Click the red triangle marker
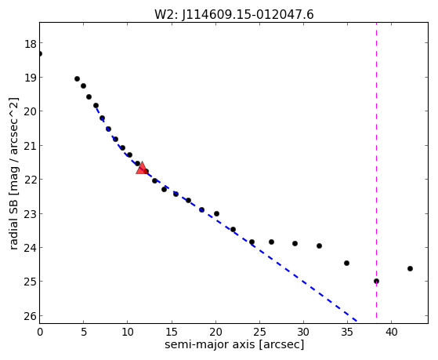click(142, 168)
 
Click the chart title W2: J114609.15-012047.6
click(234, 15)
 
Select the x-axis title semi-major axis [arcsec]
click(234, 344)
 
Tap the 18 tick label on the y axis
click(31, 44)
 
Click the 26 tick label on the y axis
click(31, 316)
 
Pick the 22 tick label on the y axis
click(31, 180)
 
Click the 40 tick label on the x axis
click(391, 332)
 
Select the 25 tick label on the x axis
click(259, 332)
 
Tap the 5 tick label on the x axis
click(84, 332)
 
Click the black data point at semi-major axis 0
click(40, 53)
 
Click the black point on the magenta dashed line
click(376, 281)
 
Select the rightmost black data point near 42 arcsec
click(410, 268)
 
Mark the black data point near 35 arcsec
click(346, 263)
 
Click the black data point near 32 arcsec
click(319, 245)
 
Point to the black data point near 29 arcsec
click(295, 243)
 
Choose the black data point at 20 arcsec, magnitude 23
click(216, 213)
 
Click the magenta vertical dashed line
click(376, 170)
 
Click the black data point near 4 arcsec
click(77, 79)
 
